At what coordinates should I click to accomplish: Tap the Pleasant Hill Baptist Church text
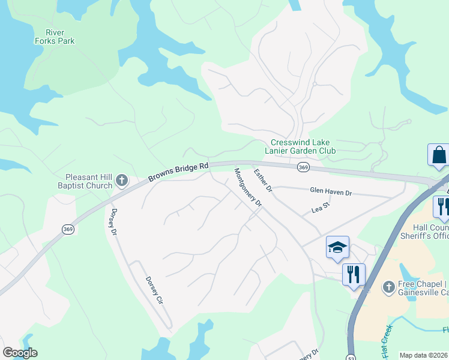[89, 181]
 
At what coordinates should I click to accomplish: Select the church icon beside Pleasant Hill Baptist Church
[121, 180]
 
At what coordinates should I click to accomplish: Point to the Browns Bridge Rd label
[179, 172]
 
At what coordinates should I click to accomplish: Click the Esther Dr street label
[263, 180]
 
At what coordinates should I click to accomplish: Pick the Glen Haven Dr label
[331, 191]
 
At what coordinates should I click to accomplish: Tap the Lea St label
[321, 206]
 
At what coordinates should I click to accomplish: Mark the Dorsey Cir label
[154, 292]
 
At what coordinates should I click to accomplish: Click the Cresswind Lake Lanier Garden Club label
[303, 146]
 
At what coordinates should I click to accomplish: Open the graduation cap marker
[337, 247]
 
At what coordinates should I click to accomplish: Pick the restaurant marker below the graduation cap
[354, 275]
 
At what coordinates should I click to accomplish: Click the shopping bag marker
[438, 155]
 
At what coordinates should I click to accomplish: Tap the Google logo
[20, 352]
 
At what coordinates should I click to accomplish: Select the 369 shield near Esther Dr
[303, 168]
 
